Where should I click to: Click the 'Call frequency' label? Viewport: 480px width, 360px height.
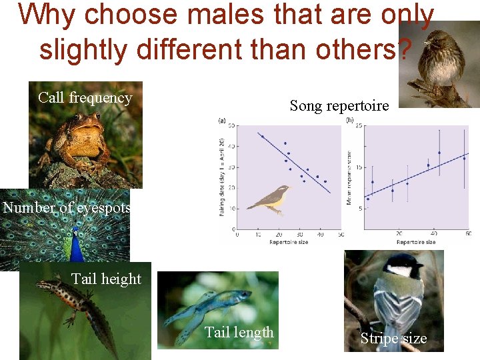[85, 98]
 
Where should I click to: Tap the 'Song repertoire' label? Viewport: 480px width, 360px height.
[339, 105]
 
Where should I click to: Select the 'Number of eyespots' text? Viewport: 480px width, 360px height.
[66, 207]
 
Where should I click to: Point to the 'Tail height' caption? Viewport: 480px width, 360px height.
[106, 279]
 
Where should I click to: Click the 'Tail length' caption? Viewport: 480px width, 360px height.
[239, 332]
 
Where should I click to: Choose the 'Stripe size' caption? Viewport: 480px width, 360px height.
[393, 339]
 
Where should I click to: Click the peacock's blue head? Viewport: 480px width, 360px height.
[75, 233]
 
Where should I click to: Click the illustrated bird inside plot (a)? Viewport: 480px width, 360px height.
[270, 199]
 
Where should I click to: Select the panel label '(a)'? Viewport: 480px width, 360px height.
[222, 121]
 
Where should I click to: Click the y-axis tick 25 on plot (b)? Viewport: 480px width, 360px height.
[358, 126]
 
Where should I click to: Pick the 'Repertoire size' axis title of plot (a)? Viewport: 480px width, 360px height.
[288, 242]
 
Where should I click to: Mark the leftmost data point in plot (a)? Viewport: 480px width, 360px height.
[263, 137]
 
